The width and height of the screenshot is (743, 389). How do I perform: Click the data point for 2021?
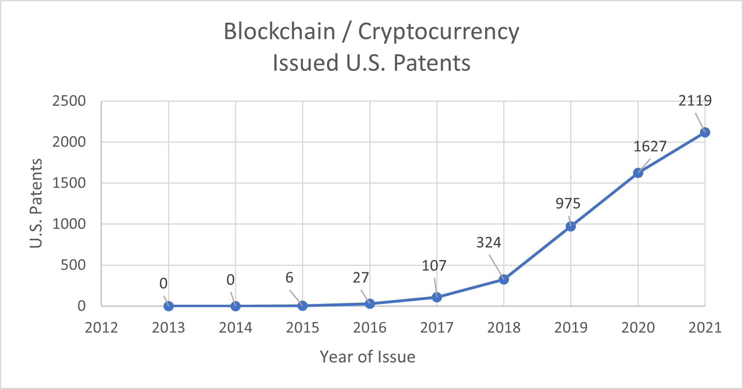coord(705,133)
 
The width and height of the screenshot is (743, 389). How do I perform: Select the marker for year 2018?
coord(504,279)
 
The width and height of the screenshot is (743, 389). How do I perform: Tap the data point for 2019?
coord(571,226)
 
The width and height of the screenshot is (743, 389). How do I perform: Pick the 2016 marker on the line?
coord(370,304)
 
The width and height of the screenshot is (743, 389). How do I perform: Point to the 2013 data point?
coord(168,306)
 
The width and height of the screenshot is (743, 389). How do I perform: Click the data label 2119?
coord(695,100)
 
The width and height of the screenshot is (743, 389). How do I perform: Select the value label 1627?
coord(650,146)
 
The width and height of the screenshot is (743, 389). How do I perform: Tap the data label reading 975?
coord(568,203)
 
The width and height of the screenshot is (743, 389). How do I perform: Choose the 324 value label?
coord(489,243)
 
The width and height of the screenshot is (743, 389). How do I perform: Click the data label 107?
coord(434,266)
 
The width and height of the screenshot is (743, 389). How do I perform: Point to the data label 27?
coord(361,278)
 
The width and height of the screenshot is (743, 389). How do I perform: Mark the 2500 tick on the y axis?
coord(69,101)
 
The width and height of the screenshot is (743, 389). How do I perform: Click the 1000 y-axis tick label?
coord(69,224)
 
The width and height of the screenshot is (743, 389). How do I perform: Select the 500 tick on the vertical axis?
coord(73,265)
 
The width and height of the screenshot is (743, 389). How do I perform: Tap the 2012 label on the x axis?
coord(101,327)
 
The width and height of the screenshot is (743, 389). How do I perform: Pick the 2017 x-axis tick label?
coord(437,327)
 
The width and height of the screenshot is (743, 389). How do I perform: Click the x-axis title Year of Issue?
coord(368,357)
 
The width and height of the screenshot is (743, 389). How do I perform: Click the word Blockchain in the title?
coord(280,32)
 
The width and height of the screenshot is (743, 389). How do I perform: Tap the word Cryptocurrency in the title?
coord(438,32)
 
